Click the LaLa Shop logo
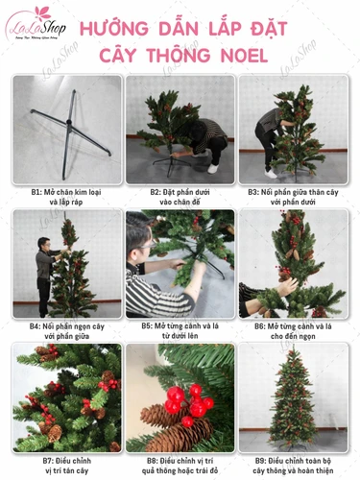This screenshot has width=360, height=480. click(37, 26)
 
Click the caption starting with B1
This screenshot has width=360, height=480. click(67, 197)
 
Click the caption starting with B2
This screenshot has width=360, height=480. click(180, 197)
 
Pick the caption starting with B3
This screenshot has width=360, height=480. click(293, 197)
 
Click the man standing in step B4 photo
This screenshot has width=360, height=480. click(44, 269)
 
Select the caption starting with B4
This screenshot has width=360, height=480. click(67, 331)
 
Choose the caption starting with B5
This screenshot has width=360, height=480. click(180, 331)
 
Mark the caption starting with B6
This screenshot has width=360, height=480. click(293, 331)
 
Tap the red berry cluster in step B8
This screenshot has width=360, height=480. click(188, 404)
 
